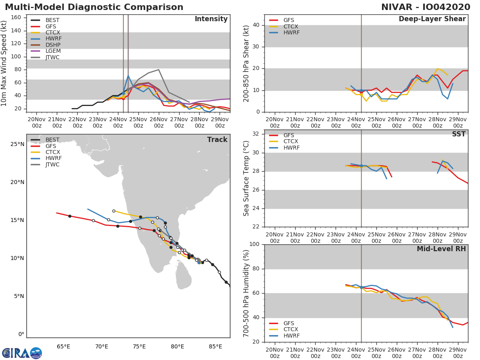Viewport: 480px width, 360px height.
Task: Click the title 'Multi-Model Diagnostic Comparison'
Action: tap(94, 7)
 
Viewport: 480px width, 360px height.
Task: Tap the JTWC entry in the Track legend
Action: tap(52, 164)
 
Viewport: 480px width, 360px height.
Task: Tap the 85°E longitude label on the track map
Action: tap(215, 346)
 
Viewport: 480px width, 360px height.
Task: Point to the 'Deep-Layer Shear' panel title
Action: tap(432, 19)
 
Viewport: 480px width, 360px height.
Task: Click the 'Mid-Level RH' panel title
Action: tap(441, 249)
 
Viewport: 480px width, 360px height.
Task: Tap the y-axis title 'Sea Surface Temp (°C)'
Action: tap(246, 178)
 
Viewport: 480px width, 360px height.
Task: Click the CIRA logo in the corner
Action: tap(22, 353)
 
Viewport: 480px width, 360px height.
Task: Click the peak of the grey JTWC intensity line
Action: tap(158, 70)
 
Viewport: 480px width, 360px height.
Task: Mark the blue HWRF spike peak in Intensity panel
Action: tap(128, 76)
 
